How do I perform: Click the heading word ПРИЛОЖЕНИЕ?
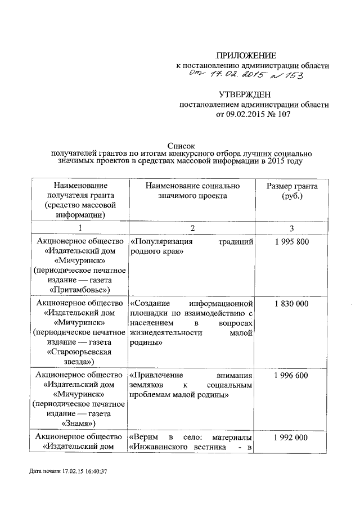246,55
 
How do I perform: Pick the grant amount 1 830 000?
292,303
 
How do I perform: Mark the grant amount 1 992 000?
292,437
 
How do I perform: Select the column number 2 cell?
192,227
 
